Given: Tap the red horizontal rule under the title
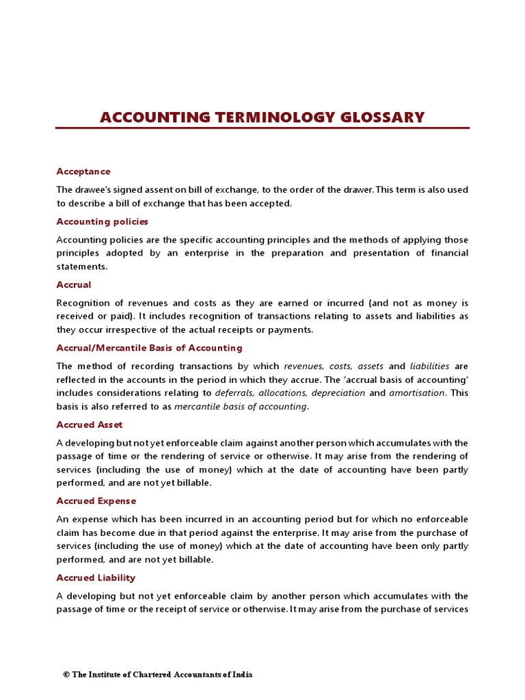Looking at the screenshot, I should point(262,128).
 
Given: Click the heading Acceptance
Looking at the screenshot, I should point(83,171).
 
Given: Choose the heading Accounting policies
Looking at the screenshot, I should point(102,221).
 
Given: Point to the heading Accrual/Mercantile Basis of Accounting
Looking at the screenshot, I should point(149,348).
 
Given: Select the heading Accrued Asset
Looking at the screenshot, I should point(90,425).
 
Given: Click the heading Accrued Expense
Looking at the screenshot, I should point(96,501).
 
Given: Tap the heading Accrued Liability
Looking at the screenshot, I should point(96,578).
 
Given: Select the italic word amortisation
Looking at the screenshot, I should point(417,393).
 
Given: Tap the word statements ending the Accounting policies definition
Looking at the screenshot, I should point(81,267).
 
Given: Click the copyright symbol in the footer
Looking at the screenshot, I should point(66,675).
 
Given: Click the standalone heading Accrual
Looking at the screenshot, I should point(73,284).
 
